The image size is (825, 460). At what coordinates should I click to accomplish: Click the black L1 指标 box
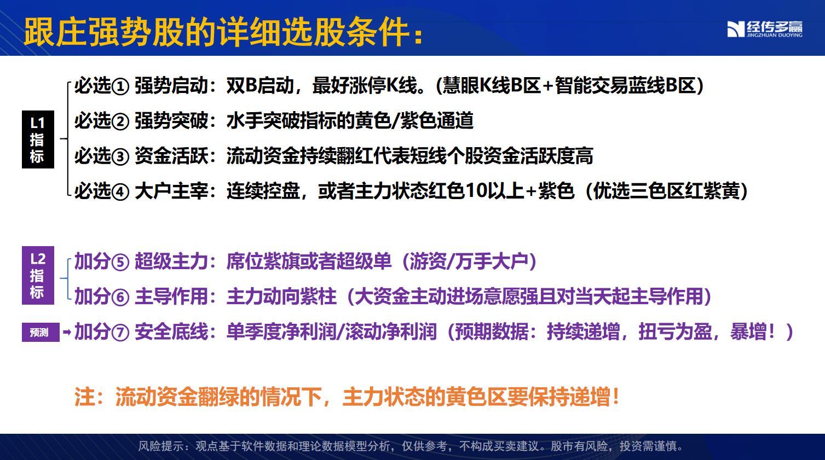(38, 139)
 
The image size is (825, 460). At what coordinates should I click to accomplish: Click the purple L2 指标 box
(38, 275)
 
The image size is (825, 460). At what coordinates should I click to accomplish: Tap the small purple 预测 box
(41, 333)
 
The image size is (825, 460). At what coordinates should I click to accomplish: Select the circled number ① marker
(120, 87)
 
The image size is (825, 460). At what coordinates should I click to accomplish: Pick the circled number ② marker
(120, 122)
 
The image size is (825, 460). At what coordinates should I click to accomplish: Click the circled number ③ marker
(120, 157)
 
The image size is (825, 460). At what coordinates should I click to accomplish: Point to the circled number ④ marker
(120, 193)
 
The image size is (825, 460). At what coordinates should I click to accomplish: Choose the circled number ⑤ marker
(120, 263)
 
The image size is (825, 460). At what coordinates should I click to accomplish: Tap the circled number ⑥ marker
(120, 298)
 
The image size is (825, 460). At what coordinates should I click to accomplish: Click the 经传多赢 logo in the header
(765, 29)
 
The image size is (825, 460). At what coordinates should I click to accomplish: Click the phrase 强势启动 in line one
(171, 86)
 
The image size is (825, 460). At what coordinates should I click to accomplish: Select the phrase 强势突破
(171, 121)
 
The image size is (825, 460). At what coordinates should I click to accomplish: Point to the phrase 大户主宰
(171, 191)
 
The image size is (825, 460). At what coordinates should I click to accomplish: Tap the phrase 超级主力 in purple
(171, 261)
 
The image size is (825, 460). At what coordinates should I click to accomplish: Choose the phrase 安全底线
(171, 332)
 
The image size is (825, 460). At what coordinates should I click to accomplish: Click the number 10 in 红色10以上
(475, 191)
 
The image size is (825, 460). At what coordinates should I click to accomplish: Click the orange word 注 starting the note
(85, 397)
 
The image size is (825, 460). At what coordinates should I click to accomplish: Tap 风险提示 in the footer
(160, 446)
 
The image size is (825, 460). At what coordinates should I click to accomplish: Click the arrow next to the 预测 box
(67, 333)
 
